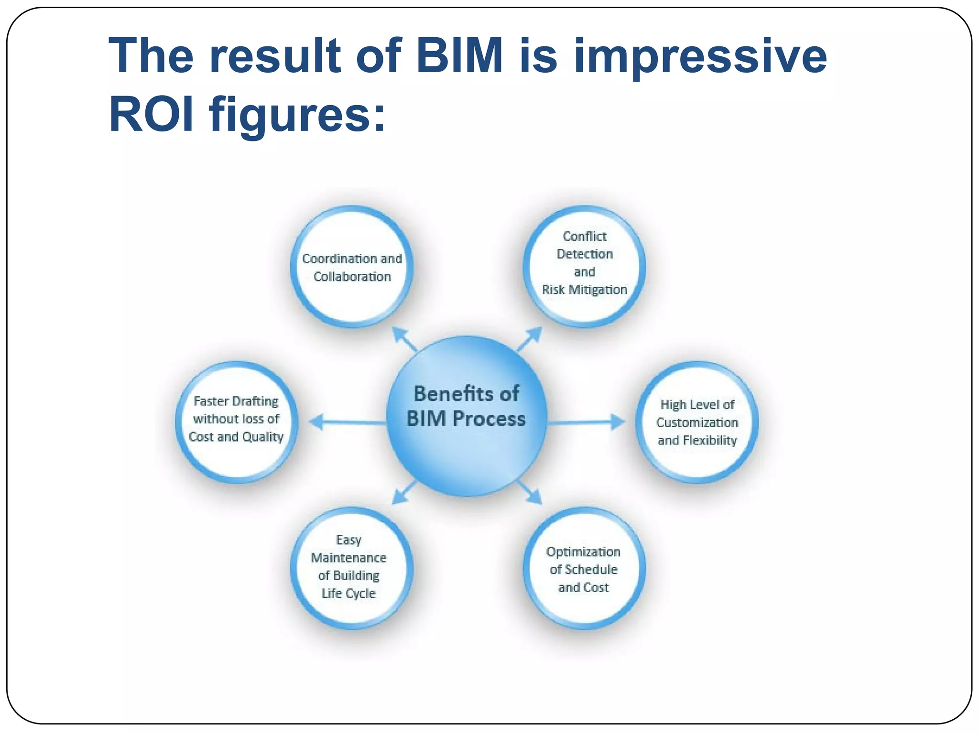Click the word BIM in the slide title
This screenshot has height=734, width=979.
pos(459,56)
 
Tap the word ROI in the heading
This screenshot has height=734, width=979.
pos(152,115)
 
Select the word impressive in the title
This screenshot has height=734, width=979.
pos(700,56)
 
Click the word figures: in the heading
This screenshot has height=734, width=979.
pos(296,115)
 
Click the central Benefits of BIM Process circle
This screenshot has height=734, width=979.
pos(466,416)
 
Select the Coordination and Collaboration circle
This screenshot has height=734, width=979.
pos(352,267)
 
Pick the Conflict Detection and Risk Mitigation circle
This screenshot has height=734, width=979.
pos(584,267)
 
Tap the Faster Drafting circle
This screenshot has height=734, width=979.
pos(237,422)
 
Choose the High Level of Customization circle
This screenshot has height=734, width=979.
pos(697,422)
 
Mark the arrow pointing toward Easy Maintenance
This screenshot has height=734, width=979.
pos(404,493)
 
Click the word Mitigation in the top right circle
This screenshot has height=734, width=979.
pos(598,290)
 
